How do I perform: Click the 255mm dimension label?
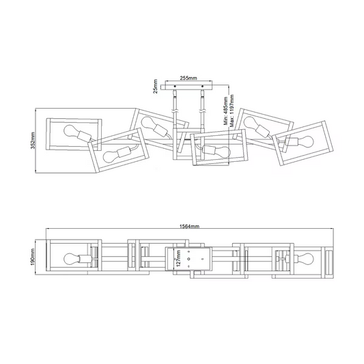pos(188,78)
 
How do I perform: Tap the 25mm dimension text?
pos(155,86)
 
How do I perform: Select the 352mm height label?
pos(33,140)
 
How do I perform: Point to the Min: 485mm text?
pos(226,111)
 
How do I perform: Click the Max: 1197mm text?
pos(232,111)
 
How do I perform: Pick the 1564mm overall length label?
pos(190,226)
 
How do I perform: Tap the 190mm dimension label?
pos(33,257)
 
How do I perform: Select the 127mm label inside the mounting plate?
pos(178,258)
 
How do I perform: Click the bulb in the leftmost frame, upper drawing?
pos(70,132)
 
